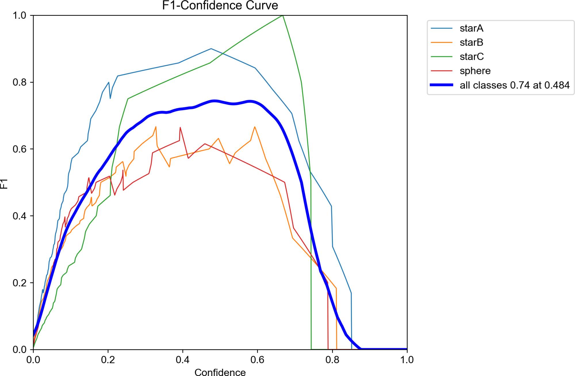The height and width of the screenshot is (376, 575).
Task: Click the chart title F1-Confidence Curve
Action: pos(220,5)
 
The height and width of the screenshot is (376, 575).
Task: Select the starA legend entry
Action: pos(471,28)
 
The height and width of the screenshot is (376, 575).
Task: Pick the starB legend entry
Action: pos(471,42)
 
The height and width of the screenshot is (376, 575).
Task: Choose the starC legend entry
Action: pos(472,57)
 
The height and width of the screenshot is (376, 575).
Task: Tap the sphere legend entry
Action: pos(475,71)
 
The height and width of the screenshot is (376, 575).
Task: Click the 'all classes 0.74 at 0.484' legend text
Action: pos(514,85)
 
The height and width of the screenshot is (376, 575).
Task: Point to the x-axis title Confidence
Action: pos(220,372)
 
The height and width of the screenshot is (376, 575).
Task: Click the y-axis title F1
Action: pos(4,184)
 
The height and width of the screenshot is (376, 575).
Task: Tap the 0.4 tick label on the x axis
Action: pos(183,360)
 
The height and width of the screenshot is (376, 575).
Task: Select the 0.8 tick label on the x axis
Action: pos(332,360)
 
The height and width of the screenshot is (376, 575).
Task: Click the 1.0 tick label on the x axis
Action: pos(407,360)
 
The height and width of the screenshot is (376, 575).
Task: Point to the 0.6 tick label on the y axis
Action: pos(20,149)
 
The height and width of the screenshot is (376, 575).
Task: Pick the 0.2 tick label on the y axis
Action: pos(20,283)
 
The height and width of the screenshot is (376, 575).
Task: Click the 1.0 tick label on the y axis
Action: pos(20,15)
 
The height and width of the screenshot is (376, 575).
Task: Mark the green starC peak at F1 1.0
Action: pos(283,15)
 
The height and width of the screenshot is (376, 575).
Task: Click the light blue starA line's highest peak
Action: pos(211,49)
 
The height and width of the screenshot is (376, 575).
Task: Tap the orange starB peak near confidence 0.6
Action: pos(255,127)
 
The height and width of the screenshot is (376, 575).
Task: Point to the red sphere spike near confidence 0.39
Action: pos(180,127)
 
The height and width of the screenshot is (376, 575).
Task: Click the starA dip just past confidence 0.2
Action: pos(110,98)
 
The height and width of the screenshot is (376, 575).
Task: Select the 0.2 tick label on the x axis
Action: pos(108,360)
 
